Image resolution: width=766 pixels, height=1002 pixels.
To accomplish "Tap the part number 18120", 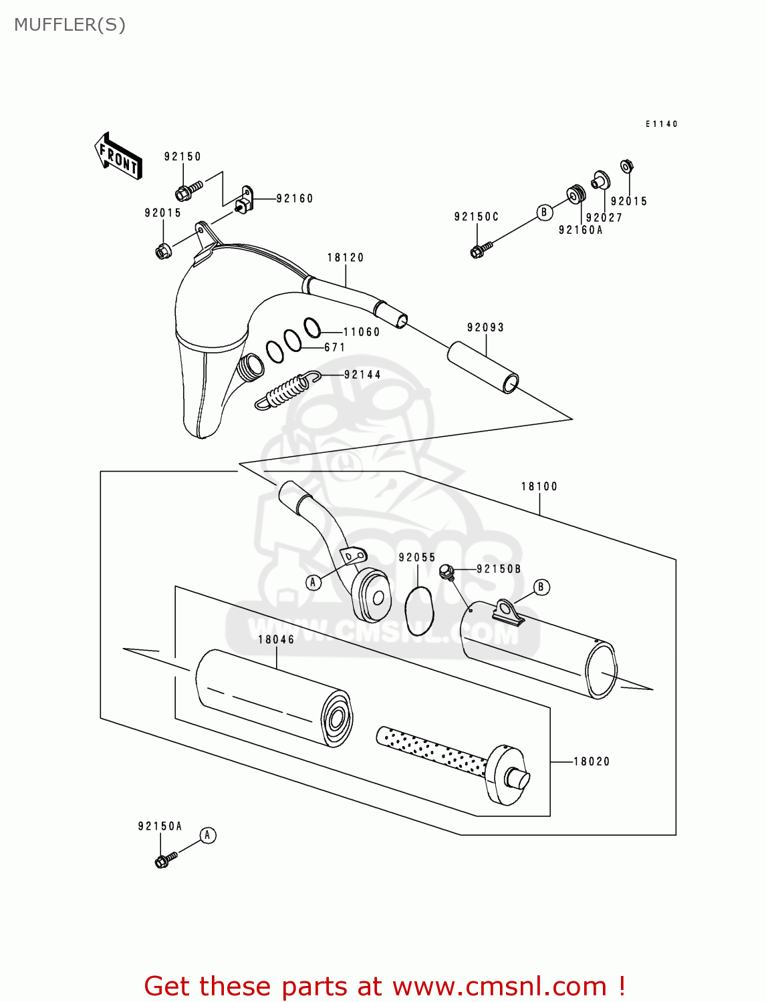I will (346, 258).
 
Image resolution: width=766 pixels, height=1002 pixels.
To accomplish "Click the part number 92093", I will (486, 328).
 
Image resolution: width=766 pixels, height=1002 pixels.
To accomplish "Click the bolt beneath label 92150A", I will (164, 859).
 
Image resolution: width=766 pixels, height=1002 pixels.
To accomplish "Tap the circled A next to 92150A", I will (208, 836).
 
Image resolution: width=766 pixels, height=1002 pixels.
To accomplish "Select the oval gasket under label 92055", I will (419, 611).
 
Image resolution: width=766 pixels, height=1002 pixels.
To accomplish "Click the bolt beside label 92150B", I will (446, 572).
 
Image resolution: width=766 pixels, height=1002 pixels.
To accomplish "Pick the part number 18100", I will (539, 487).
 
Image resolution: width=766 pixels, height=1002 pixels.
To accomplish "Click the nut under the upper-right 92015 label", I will (626, 166).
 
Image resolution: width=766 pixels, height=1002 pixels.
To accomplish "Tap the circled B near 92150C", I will (544, 212).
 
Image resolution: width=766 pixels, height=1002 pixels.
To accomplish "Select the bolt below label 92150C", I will (480, 251).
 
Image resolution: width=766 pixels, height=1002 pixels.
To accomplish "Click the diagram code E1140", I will (662, 124).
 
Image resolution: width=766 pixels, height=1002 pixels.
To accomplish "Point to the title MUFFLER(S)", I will (70, 25).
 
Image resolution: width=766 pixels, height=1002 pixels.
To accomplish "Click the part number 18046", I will (276, 640).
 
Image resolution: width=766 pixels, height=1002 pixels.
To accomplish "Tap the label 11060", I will (362, 332).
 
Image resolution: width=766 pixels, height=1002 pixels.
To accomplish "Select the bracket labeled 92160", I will (245, 199).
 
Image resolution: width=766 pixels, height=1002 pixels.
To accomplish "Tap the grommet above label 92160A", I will (576, 194).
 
